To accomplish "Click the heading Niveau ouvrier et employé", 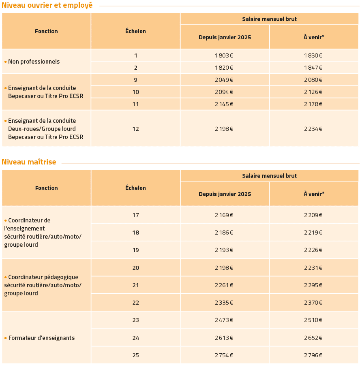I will coord(47,5).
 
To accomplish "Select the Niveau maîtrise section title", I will coord(29,162).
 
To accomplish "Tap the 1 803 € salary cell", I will coord(224,55).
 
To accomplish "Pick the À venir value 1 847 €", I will coord(313,68).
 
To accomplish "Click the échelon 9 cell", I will coord(135,80).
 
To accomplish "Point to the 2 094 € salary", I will coord(224,92).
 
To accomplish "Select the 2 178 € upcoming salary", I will coord(313,104).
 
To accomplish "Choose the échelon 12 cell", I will coord(135,129).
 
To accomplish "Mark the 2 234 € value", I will coord(313,129).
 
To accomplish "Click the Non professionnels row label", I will coord(34,62).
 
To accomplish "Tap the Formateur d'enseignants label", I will coord(41,338).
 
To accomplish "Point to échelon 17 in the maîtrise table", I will coord(135,215).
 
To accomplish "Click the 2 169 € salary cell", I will coord(224,215).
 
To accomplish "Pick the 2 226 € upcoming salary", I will coord(313,250).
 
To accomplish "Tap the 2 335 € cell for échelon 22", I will coord(224,303).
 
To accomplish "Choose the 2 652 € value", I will coord(313,338).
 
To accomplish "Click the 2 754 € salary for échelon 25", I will coord(224,355).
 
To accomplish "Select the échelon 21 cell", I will coord(135,285).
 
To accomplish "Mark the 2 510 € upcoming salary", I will coord(313,320).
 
